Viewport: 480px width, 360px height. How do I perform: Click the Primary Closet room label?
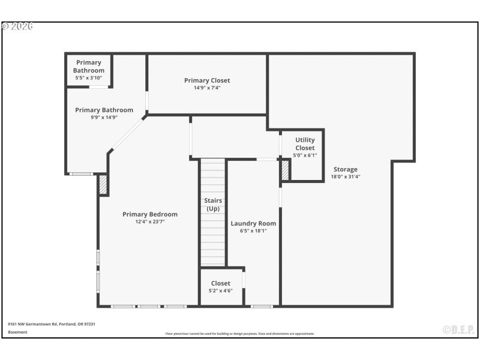(207, 80)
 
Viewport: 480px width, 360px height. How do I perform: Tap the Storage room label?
(346, 169)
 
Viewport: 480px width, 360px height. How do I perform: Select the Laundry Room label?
(253, 223)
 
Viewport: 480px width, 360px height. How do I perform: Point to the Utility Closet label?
(305, 144)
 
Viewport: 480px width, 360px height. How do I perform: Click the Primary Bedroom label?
(150, 214)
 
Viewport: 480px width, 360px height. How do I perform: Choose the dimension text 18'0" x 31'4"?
(346, 177)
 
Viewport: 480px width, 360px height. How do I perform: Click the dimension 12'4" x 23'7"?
(150, 221)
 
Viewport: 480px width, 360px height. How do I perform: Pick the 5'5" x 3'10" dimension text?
(89, 78)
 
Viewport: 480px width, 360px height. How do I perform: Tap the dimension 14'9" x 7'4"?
(207, 88)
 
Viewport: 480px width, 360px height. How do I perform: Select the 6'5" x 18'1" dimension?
(253, 230)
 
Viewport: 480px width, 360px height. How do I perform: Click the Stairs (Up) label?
(213, 205)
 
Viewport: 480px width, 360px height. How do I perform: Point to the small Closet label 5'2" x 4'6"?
(220, 287)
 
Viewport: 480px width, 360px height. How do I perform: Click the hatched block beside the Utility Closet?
(286, 170)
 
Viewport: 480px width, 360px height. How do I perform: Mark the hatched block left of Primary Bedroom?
(103, 184)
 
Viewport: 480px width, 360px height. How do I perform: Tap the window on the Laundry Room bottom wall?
(262, 307)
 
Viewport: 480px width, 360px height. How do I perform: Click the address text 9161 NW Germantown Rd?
(51, 324)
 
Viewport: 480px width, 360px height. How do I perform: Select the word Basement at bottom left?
(17, 332)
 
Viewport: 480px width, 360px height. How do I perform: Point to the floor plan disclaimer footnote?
(240, 334)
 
